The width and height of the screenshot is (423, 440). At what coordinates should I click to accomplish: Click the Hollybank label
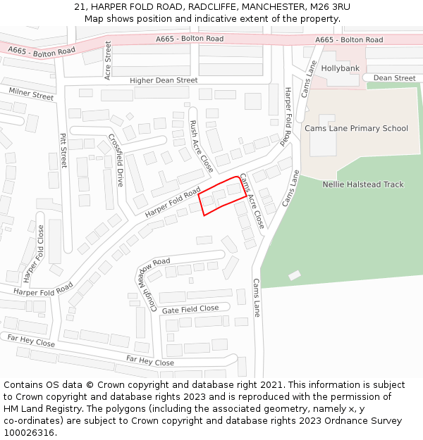pos(340,68)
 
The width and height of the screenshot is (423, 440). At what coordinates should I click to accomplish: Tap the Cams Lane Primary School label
pos(356,128)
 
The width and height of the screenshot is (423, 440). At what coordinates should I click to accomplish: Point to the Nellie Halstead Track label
pos(363,184)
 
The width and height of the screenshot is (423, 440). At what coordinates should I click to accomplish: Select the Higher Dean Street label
pos(164,81)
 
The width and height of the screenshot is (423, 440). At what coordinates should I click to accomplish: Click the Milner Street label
pos(30,94)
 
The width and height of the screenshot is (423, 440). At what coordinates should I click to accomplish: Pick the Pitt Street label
pos(63,151)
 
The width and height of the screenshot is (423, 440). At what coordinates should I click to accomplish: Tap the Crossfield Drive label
pos(116,161)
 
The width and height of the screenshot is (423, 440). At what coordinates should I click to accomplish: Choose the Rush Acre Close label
pos(202,146)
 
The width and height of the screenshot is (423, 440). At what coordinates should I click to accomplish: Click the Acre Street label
pos(108,60)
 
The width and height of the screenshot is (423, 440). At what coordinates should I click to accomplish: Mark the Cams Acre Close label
pos(252,201)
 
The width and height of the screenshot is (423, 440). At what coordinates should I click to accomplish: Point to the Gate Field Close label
pos(190,309)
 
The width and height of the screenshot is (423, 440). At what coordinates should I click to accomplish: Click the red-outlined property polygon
pos(222,196)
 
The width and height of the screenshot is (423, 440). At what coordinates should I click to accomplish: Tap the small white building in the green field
pos(294,275)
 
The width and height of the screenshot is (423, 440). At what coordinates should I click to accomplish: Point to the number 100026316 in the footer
pos(29,432)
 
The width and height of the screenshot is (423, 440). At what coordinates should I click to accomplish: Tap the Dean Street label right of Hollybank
pos(394,78)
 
